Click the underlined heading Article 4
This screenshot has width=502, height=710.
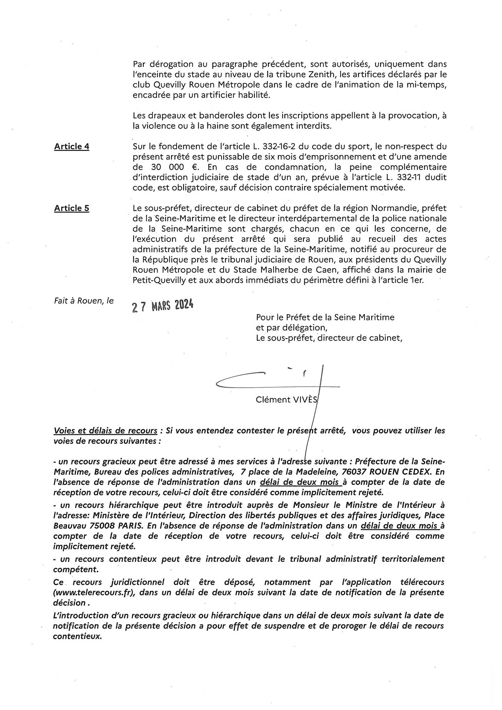pos(72,147)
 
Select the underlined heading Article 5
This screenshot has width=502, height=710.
pos(72,208)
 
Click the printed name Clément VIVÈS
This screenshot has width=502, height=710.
pos(286,399)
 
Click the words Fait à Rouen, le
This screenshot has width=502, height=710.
pos(84,301)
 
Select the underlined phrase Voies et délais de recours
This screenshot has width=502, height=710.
pos(105,430)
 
